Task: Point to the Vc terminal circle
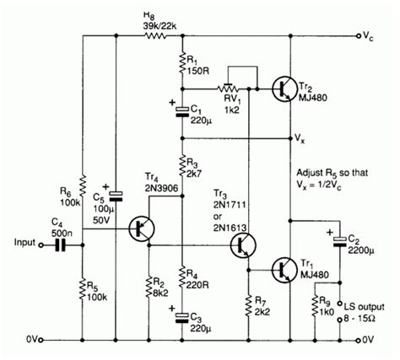pyautogui.click(x=365, y=38)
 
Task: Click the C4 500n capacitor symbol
pyautogui.click(x=60, y=245)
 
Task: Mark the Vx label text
pyautogui.click(x=299, y=137)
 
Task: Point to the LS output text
pyautogui.click(x=359, y=304)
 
